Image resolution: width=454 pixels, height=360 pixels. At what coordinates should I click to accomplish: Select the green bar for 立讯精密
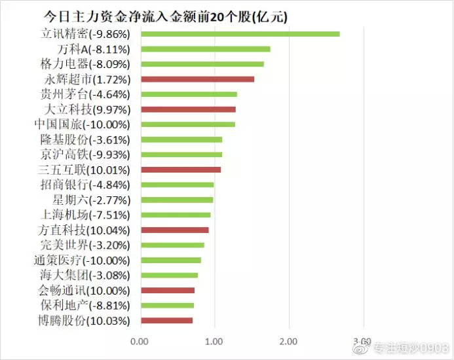[240, 34]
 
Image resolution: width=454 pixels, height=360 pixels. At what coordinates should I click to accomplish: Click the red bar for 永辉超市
[197, 79]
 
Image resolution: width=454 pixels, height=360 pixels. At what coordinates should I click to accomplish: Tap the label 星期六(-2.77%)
[91, 200]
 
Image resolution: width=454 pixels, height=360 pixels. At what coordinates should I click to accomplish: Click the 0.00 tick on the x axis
[140, 341]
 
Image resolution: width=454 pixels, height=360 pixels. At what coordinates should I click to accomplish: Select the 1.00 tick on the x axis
[214, 341]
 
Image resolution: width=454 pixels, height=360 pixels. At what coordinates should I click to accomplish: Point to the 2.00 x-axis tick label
[288, 341]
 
